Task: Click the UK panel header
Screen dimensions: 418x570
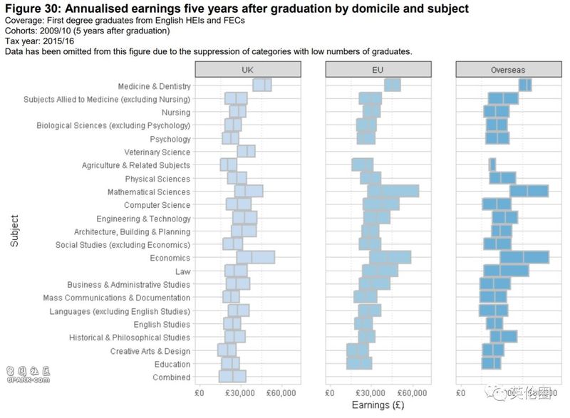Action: click(247, 69)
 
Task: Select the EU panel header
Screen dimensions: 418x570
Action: click(378, 69)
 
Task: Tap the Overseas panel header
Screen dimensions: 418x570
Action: click(509, 69)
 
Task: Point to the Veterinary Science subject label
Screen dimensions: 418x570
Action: click(157, 152)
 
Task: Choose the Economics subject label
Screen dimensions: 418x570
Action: click(170, 258)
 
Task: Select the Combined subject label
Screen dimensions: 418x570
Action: click(172, 377)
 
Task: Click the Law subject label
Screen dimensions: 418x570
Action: click(182, 271)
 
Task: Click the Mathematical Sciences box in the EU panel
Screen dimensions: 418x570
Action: click(393, 192)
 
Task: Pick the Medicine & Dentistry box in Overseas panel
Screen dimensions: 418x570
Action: click(525, 85)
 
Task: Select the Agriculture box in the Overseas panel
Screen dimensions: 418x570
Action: click(492, 164)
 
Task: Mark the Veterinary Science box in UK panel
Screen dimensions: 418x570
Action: click(246, 152)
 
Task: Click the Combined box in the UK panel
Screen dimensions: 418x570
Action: click(232, 377)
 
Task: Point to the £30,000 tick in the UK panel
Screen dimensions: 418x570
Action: click(240, 392)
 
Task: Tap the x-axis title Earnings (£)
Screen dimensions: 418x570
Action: click(378, 405)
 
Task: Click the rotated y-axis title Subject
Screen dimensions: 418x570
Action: click(15, 231)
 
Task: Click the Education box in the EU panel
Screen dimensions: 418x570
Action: click(359, 364)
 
